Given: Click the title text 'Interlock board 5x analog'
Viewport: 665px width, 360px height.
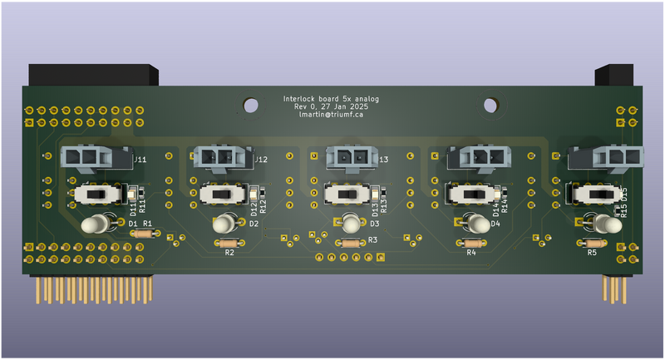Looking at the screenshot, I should tap(331, 99).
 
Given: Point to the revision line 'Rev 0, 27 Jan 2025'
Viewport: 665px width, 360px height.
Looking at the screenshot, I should tap(331, 107).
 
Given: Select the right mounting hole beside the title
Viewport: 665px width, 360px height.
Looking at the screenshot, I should tap(490, 106).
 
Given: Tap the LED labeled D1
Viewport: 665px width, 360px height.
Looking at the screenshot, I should tap(98, 224).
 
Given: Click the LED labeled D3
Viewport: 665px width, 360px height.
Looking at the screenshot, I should tap(351, 223).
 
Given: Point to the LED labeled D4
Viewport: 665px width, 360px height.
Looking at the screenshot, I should tap(476, 223).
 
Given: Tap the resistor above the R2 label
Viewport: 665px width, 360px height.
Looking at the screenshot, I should tap(229, 243).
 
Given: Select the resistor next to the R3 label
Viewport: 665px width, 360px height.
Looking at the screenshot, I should tap(350, 243).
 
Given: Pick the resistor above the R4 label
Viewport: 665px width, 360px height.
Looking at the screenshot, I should tap(470, 243).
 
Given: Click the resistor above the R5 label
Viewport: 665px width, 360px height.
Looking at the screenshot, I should tap(592, 242).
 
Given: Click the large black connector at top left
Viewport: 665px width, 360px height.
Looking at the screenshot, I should tap(93, 75).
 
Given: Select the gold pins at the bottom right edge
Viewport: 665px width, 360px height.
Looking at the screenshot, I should tap(615, 290).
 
